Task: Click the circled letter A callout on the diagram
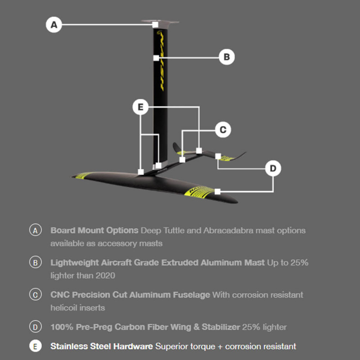click(x=54, y=25)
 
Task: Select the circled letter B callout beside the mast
click(x=227, y=57)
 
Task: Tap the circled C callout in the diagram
click(x=223, y=130)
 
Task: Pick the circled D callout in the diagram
click(x=273, y=168)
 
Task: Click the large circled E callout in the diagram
click(x=140, y=107)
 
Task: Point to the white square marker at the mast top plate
click(x=155, y=24)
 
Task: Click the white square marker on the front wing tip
click(x=217, y=191)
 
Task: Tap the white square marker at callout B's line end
click(x=156, y=58)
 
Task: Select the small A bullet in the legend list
click(x=36, y=230)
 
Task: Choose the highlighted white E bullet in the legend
click(x=36, y=346)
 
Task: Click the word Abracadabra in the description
click(x=228, y=230)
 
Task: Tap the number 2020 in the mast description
click(x=105, y=275)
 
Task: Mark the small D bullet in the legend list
click(x=36, y=327)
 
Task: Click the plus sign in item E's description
click(x=220, y=346)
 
